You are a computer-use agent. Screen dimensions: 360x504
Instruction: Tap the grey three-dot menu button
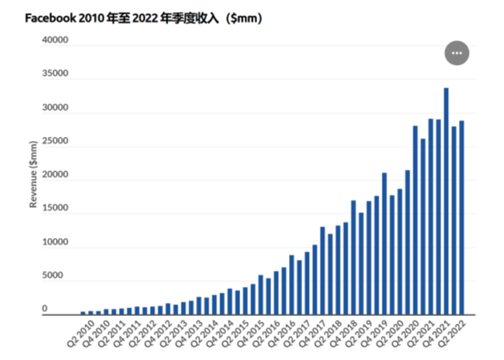click(x=458, y=53)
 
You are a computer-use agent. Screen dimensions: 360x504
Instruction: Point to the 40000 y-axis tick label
click(x=55, y=40)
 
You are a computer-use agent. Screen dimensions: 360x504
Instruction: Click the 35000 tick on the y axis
click(x=55, y=75)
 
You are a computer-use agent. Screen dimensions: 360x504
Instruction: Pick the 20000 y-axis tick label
click(x=55, y=178)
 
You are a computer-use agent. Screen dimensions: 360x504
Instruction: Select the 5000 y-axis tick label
click(x=57, y=276)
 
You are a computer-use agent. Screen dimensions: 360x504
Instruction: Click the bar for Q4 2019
click(x=384, y=243)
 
